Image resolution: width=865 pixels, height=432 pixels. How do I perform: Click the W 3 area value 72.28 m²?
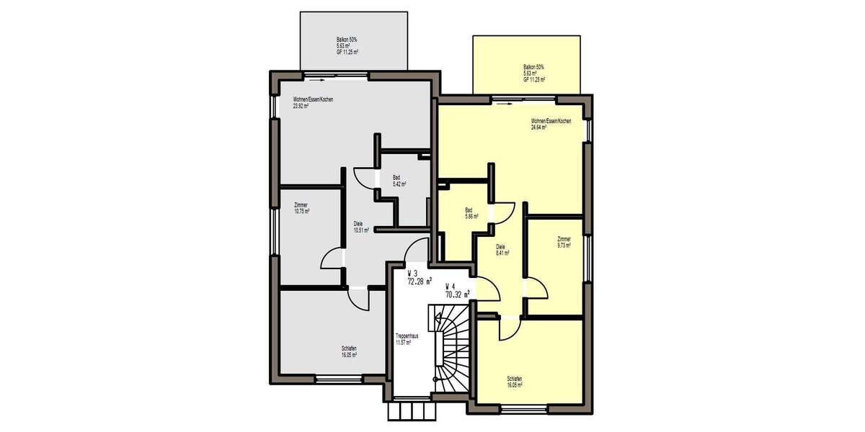420,282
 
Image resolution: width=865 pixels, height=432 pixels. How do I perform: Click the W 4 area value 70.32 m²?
458,293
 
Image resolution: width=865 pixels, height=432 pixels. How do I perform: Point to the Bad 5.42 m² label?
399,181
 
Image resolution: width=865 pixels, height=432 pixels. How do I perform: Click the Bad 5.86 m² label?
471,213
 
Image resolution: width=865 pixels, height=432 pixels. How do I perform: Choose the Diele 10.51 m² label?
361,227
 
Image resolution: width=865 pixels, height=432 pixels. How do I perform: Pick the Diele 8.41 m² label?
502,251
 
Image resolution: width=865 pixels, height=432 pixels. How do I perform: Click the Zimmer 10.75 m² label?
301,209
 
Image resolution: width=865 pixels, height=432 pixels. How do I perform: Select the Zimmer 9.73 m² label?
564,242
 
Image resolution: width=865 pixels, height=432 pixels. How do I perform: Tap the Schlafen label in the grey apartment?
349,351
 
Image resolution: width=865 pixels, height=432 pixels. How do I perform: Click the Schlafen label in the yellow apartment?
514,382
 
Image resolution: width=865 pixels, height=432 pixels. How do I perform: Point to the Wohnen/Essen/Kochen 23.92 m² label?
313,102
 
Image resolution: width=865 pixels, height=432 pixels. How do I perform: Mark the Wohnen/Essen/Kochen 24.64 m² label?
551,124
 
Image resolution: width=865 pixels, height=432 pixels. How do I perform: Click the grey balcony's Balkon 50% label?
348,46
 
